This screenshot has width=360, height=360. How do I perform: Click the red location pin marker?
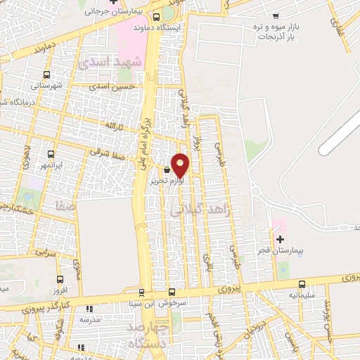(181, 165)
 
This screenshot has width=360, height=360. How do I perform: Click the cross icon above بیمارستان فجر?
(280, 239)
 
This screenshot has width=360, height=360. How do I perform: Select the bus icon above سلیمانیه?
(302, 284)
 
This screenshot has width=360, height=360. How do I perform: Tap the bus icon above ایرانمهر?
(51, 154)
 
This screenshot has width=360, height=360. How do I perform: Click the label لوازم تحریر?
(167, 181)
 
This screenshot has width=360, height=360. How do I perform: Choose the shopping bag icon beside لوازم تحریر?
(167, 170)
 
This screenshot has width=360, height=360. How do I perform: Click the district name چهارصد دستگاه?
(148, 336)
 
